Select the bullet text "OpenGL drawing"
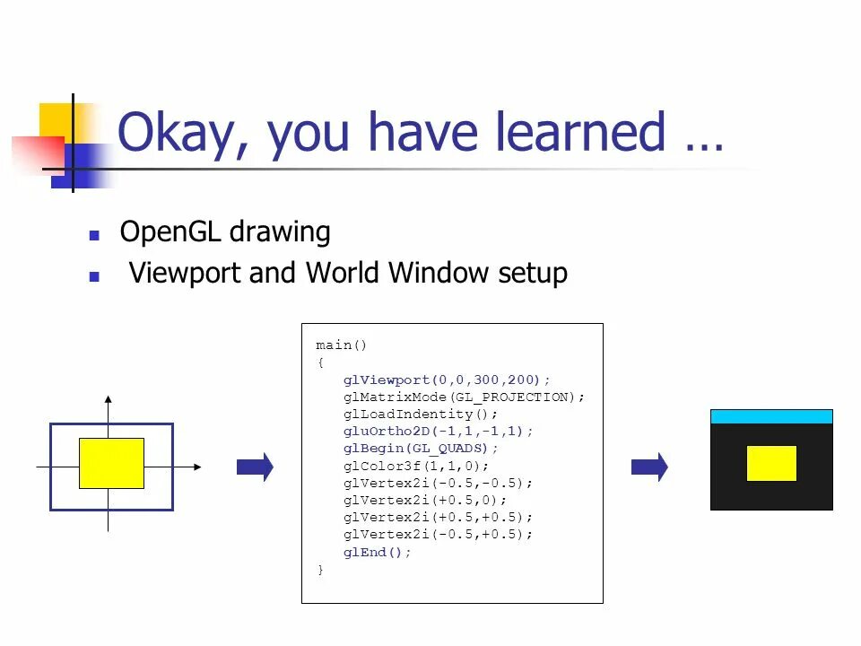point(225,232)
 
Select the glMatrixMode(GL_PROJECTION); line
point(464,397)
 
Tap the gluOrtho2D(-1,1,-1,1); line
point(438,431)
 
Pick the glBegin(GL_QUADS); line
point(421,448)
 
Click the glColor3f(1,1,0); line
point(416,466)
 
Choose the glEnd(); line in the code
point(378,552)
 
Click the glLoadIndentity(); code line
point(420,414)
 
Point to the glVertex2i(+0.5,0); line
point(425,500)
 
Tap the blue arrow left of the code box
point(255,467)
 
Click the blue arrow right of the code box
point(650,467)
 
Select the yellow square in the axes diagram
point(111,463)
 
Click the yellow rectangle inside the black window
point(771,463)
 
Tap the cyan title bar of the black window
point(771,416)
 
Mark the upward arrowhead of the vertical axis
point(109,398)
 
